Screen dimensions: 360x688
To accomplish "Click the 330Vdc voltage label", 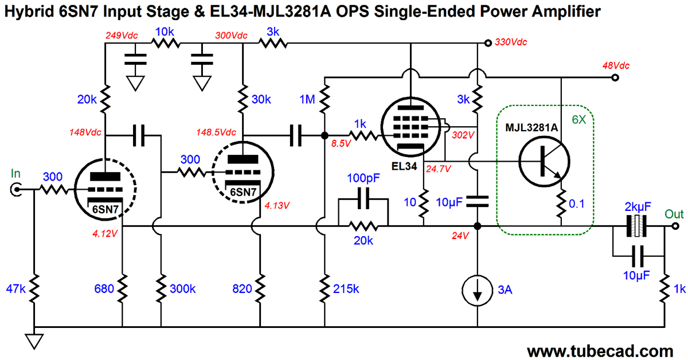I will tap(511, 42).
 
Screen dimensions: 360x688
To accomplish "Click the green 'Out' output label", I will tap(674, 214).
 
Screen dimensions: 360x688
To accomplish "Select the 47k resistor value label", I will tap(15, 290).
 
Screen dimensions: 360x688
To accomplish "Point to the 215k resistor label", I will tap(346, 290).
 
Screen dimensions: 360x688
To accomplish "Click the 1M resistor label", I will tap(307, 100).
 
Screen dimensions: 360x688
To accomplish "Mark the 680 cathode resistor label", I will tap(105, 290).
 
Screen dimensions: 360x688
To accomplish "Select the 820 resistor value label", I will tap(242, 290).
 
